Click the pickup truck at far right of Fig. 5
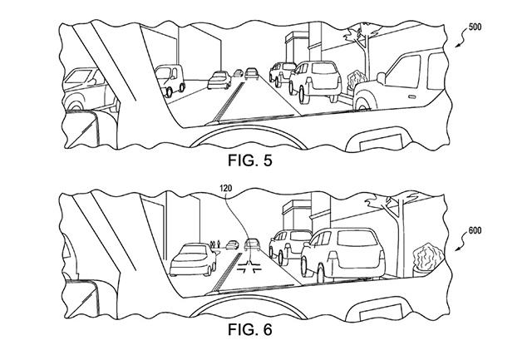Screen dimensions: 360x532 pyautogui.click(x=412, y=76)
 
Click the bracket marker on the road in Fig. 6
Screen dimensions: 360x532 pyautogui.click(x=249, y=268)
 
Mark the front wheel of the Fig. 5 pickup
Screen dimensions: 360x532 pyautogui.click(x=362, y=101)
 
